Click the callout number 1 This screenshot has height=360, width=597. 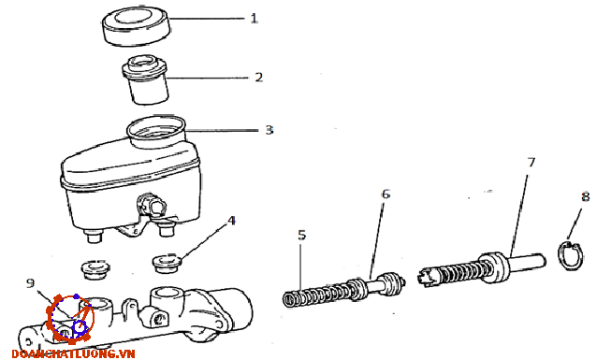[254, 18]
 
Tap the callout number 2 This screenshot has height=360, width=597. [259, 78]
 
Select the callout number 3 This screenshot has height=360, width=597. [269, 130]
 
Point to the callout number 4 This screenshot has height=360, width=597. [231, 221]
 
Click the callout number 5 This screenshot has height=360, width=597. [302, 235]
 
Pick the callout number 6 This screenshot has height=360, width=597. [386, 194]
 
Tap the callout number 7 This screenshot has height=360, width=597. [531, 163]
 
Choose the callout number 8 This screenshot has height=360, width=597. [585, 196]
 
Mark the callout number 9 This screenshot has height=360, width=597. [31, 283]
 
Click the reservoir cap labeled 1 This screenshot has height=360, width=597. [136, 26]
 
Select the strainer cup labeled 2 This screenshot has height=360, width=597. [145, 79]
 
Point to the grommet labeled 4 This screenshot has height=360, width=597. [167, 263]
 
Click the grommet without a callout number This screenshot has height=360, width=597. [96, 269]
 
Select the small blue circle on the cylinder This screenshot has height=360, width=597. [80, 328]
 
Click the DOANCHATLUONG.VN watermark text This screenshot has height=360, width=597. [74, 353]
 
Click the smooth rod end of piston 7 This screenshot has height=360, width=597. [528, 263]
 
